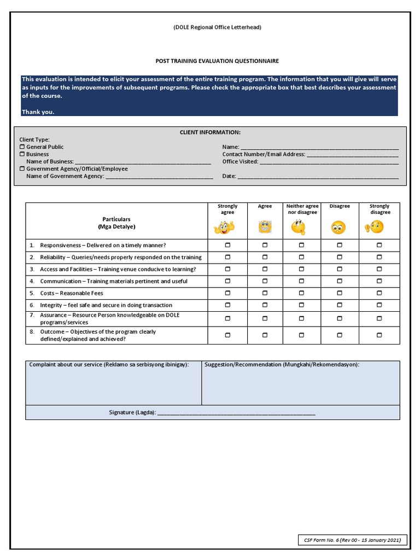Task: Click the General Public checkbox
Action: [22, 147]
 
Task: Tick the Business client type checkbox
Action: [22, 154]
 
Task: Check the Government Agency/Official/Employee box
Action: [22, 169]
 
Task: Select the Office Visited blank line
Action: [329, 163]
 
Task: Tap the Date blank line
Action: [318, 177]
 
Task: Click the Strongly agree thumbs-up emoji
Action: [227, 226]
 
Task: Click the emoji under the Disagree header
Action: [339, 226]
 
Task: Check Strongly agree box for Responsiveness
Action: [227, 245]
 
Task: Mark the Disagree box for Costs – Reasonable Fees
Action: [340, 293]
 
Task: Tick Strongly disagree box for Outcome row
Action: [379, 335]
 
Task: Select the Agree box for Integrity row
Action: [265, 305]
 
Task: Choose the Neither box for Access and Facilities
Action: [301, 269]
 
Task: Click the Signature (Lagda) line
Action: [236, 413]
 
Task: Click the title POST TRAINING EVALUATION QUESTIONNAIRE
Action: [210, 61]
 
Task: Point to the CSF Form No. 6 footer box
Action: [352, 540]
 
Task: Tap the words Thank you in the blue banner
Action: [38, 112]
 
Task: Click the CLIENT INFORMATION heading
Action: [210, 132]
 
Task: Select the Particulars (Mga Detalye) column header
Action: [116, 223]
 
